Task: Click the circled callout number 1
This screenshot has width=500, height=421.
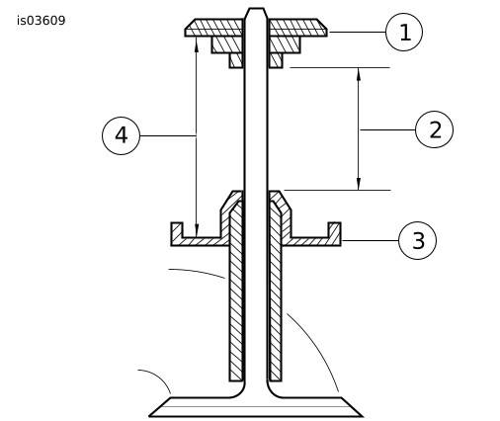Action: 404,32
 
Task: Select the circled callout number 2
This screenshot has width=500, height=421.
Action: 434,129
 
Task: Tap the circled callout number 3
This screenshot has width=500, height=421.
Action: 417,240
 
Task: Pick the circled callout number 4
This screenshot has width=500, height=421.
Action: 121,135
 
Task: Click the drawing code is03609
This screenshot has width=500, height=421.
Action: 42,21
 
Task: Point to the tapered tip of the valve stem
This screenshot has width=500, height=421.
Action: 256,13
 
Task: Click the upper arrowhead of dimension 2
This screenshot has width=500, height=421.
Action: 359,74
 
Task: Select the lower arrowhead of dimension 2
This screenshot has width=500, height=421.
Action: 359,184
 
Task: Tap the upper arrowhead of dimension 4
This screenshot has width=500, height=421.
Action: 197,43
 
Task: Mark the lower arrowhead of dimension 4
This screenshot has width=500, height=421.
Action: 197,230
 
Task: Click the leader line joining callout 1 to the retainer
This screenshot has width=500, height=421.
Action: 357,32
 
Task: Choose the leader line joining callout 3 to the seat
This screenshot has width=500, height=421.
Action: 370,240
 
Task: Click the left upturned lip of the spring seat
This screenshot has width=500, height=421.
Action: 177,229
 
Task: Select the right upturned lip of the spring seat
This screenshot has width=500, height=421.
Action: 334,229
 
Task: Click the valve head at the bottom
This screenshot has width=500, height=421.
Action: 256,407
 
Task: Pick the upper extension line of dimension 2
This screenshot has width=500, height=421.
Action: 340,67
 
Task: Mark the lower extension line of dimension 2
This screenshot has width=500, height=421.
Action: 337,190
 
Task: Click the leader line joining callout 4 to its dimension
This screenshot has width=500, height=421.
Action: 168,135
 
